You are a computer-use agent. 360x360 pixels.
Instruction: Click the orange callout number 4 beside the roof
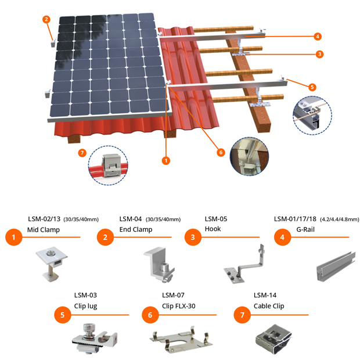coord(318,36)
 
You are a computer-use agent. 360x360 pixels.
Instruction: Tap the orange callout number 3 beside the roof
coord(319,54)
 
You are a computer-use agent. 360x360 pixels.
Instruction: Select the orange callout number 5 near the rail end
coord(312,87)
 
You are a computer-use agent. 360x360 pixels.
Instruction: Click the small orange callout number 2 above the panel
coord(46,19)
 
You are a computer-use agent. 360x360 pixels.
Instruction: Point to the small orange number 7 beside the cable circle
coord(82,153)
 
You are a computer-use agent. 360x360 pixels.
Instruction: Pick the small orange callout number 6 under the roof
coord(221,153)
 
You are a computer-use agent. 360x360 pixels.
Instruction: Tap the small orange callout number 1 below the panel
coord(166,160)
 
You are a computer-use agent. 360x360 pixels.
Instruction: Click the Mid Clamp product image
coord(52,264)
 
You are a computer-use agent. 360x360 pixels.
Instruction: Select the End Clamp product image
coord(159,265)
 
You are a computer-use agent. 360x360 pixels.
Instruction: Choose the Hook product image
coord(244,264)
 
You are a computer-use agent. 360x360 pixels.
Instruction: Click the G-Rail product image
coord(336,267)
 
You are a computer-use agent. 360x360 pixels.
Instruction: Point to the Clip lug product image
coord(95,339)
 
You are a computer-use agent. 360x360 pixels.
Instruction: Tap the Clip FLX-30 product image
coord(181,339)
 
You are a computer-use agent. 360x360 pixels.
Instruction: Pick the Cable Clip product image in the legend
coord(273,339)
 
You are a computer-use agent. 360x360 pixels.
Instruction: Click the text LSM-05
coord(216,219)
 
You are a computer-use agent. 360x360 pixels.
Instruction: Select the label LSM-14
coord(265,295)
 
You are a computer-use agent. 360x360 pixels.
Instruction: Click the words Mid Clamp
coord(44,230)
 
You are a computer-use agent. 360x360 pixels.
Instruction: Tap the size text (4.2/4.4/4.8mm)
coord(339,219)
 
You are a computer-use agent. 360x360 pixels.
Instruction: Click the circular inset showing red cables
coord(108,165)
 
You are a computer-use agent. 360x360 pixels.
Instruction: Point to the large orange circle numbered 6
coord(150,315)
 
